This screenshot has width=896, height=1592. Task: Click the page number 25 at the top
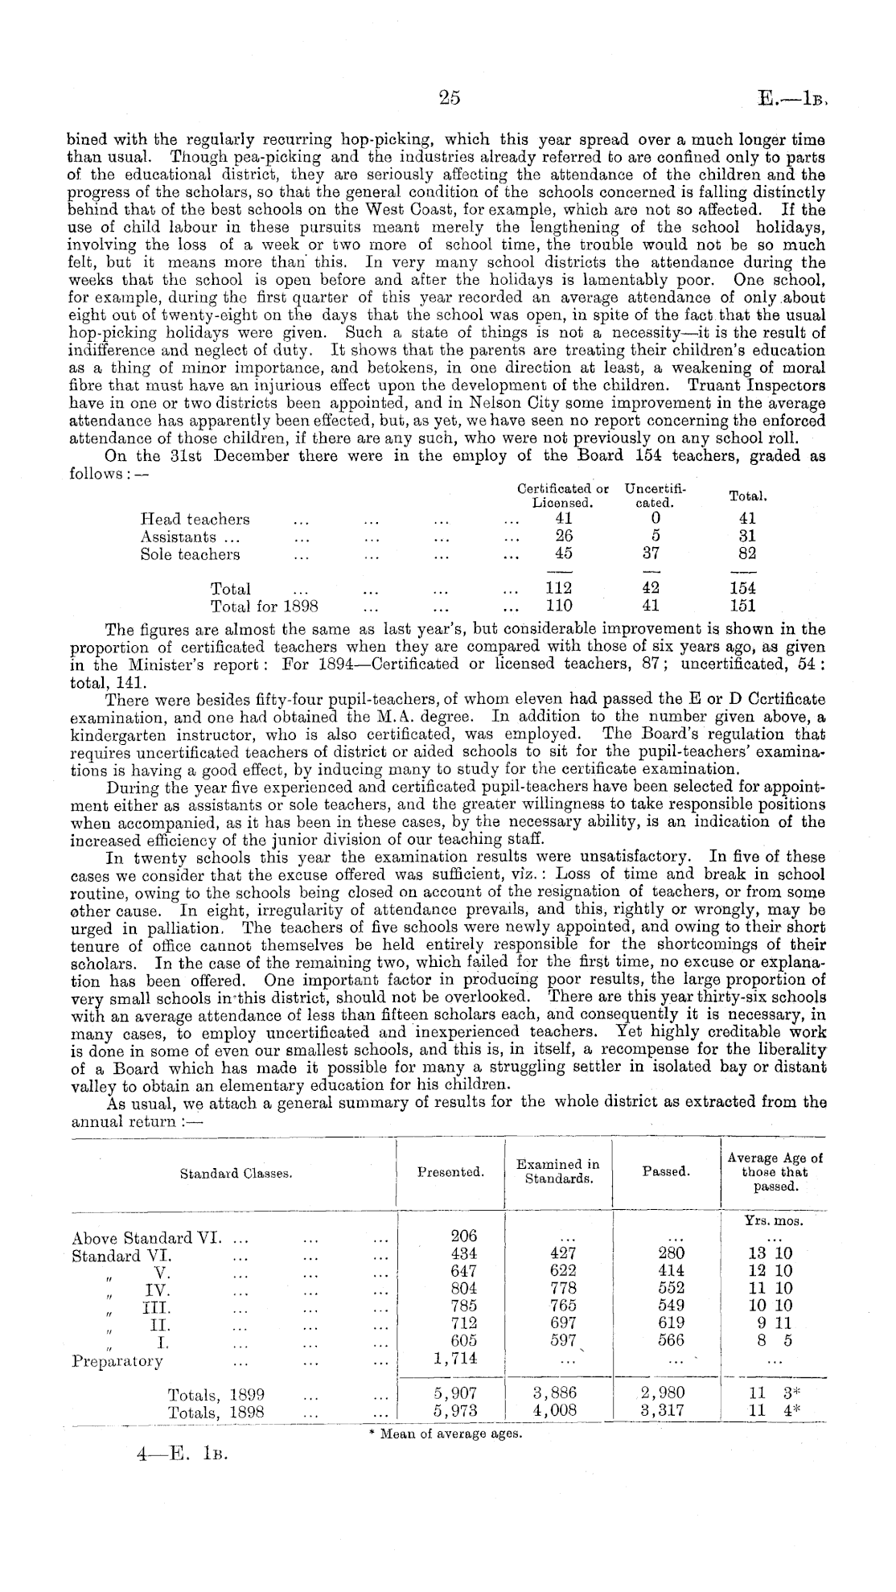click(x=449, y=97)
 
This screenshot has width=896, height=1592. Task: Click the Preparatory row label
click(x=117, y=1361)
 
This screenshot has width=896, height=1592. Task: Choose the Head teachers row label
click(x=195, y=519)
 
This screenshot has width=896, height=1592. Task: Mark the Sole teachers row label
click(x=190, y=554)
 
